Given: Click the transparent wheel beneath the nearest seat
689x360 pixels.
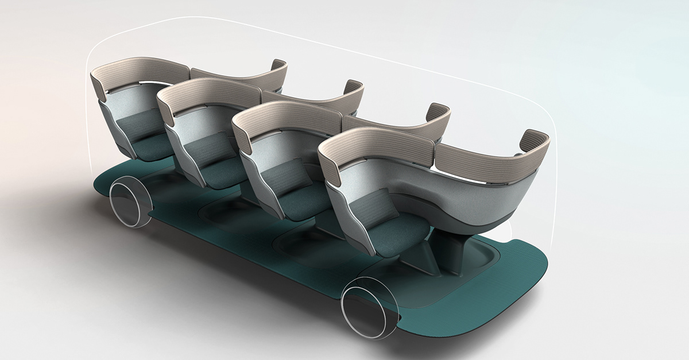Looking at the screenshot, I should point(369,305).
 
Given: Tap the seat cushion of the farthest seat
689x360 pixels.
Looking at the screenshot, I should point(150,147).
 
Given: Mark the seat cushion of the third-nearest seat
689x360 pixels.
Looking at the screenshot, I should point(224,172).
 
